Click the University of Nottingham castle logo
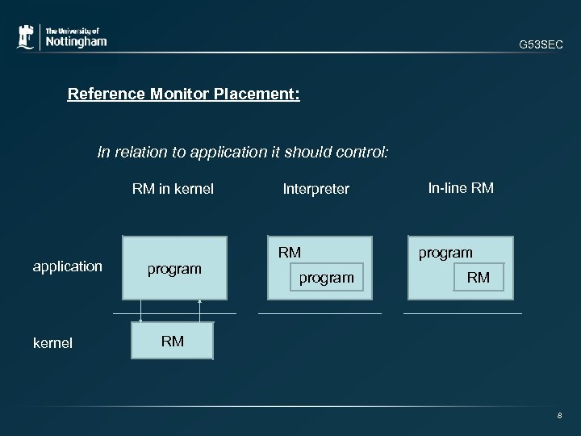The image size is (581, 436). tap(27, 36)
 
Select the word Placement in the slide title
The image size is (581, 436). tap(257, 94)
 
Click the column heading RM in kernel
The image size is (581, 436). tap(173, 190)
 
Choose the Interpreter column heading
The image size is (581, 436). tap(316, 190)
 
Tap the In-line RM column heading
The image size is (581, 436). tap(461, 189)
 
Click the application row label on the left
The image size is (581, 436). tap(67, 266)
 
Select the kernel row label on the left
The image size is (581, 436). tap(52, 343)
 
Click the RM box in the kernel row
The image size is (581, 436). tap(173, 341)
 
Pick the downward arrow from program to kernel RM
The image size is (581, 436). tap(141, 312)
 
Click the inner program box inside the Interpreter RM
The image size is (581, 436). tap(326, 278)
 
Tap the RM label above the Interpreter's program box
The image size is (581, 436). tap(290, 253)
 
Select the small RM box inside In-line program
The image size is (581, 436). tap(479, 278)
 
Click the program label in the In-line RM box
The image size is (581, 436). tap(445, 253)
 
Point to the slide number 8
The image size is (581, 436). tap(558, 416)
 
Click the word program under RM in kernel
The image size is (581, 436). tap(173, 269)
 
